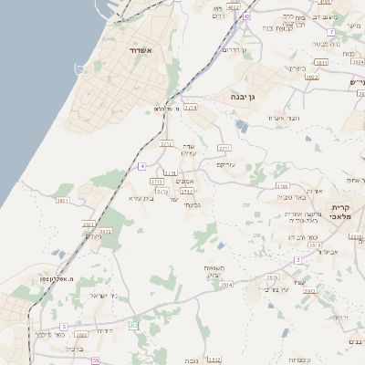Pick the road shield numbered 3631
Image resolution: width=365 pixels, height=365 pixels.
pyautogui.click(x=63, y=200)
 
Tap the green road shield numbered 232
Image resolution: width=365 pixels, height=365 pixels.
pyautogui.click(x=134, y=326)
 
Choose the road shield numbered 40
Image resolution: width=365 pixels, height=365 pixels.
pyautogui.click(x=248, y=16)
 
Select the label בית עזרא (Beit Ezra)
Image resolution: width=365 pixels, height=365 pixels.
pyautogui.click(x=141, y=197)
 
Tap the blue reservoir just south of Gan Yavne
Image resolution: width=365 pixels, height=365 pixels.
pyautogui.click(x=241, y=124)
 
